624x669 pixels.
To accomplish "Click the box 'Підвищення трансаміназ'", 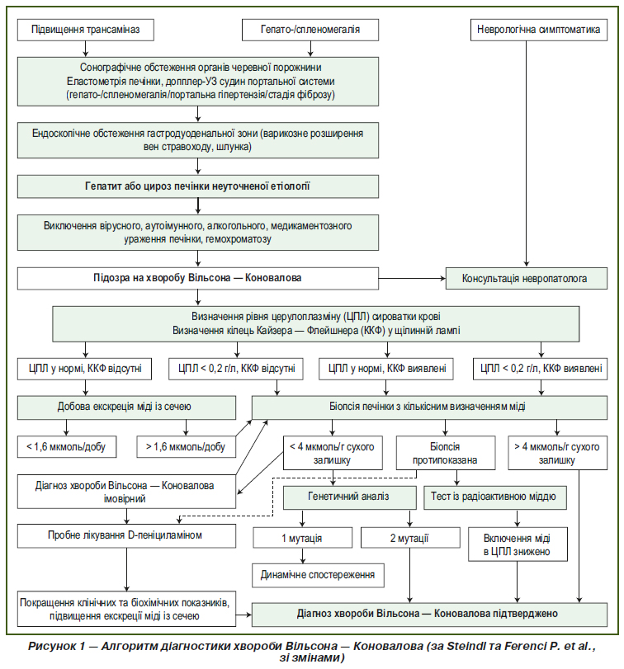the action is click(x=85, y=30).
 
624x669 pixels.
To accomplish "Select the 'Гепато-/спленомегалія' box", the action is click(x=310, y=30).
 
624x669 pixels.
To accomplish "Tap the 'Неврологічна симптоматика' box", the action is click(x=539, y=30).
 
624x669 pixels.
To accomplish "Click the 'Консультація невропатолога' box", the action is click(x=527, y=279).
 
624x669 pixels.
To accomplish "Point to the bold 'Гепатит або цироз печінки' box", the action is click(x=198, y=186).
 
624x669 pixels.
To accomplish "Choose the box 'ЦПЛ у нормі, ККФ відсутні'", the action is click(x=84, y=369).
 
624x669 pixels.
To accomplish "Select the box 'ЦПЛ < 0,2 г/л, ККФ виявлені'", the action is click(x=541, y=369).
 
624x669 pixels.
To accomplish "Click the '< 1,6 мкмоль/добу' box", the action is click(x=67, y=447).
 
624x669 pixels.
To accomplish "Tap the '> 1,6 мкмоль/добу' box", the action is click(x=186, y=447).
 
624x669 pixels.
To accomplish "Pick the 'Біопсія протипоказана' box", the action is click(x=446, y=453).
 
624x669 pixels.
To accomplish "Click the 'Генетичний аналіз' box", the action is click(x=350, y=497).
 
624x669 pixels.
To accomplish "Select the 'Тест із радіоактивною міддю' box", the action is click(x=495, y=497).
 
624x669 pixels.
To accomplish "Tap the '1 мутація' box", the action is click(x=303, y=538).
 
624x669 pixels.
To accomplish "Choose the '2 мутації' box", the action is click(x=410, y=538).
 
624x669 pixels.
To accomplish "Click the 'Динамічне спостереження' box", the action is click(x=318, y=575).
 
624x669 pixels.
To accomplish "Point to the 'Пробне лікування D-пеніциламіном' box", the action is click(x=126, y=536).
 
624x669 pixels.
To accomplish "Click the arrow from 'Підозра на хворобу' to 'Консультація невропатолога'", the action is click(x=412, y=279).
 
